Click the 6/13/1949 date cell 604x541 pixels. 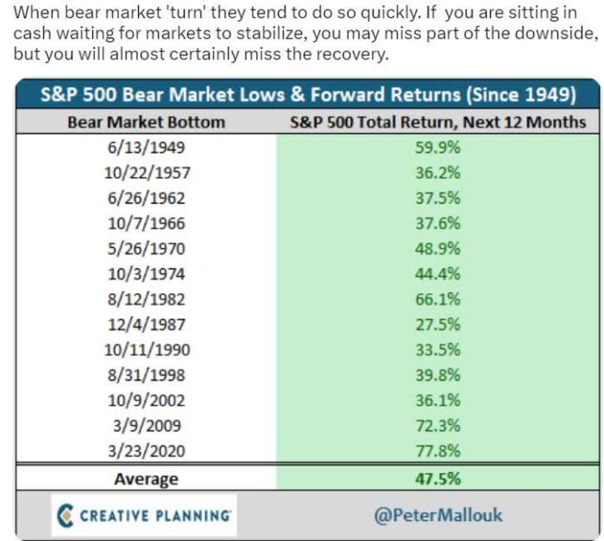click(146, 147)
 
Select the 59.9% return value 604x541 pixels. click(437, 147)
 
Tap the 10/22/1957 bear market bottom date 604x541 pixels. click(146, 173)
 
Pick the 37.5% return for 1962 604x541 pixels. click(437, 198)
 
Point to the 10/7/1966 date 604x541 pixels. click(146, 223)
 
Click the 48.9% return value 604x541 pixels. click(437, 248)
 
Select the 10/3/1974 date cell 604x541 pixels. click(146, 274)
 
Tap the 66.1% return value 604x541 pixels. click(437, 299)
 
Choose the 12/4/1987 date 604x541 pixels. click(146, 324)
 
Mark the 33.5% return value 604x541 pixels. click(437, 350)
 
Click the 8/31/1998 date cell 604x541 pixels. click(146, 375)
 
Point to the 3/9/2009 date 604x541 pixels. click(146, 426)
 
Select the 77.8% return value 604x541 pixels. click(437, 451)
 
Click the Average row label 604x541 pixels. click(146, 479)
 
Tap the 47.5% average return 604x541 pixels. click(437, 479)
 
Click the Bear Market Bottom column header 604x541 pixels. click(146, 122)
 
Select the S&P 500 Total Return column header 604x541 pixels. click(437, 122)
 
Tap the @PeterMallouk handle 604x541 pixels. click(437, 515)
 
